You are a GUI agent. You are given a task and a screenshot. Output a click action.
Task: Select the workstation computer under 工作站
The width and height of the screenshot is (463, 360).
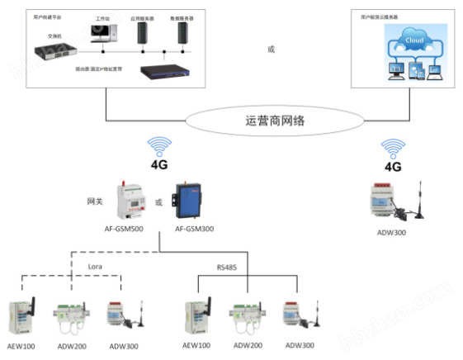(102, 31)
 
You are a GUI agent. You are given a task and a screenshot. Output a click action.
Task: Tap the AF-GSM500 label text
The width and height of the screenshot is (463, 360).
(126, 228)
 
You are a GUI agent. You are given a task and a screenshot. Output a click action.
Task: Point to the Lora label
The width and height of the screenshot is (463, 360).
(97, 266)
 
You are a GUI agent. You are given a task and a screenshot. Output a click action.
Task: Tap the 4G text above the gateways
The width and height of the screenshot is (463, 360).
(158, 164)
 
